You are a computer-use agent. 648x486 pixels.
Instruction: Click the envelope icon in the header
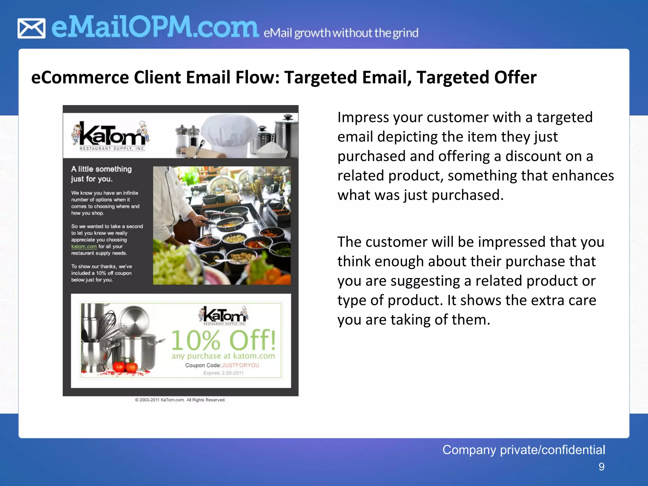[x=31, y=28]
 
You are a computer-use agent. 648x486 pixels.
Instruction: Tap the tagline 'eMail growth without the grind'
[x=341, y=33]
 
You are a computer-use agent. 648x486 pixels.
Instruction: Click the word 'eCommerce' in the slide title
[x=80, y=78]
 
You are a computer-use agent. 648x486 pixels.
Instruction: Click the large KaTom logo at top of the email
[x=110, y=136]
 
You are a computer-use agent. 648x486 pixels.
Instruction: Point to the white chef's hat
[x=230, y=134]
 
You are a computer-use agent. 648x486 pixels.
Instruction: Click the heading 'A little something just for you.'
[x=101, y=174]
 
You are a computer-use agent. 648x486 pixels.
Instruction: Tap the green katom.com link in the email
[x=84, y=246]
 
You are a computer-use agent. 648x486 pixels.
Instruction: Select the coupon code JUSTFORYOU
[x=240, y=365]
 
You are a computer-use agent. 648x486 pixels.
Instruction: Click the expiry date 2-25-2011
[x=233, y=373]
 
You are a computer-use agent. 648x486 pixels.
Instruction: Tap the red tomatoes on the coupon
[x=125, y=367]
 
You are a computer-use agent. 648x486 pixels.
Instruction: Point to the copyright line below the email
[x=180, y=400]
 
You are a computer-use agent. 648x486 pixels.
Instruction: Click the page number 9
[x=601, y=467]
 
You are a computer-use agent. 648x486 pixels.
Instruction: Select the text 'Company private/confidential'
[x=523, y=450]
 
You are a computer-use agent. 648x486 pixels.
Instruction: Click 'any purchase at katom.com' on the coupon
[x=223, y=356]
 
